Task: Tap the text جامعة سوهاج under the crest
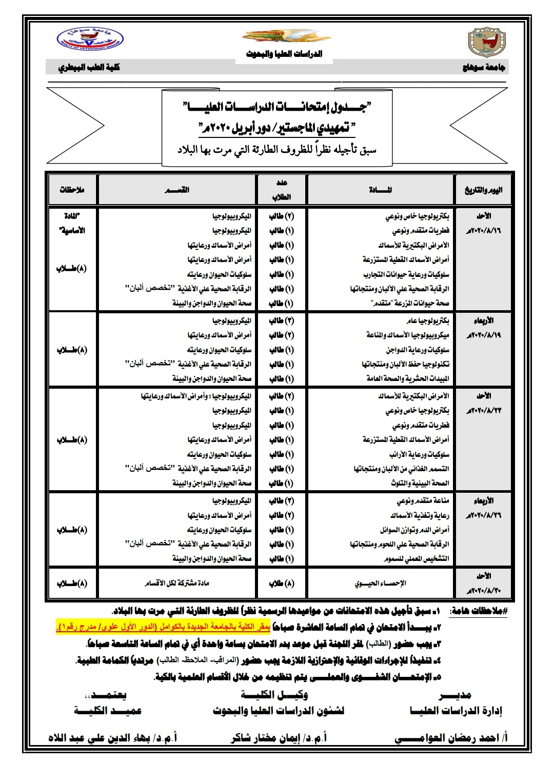[484, 68]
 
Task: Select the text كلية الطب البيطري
[89, 68]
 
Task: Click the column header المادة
[381, 190]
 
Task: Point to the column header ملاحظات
[72, 190]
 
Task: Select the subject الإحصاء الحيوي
[380, 584]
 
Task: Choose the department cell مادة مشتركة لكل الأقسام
[177, 584]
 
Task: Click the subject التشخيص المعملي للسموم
[416, 559]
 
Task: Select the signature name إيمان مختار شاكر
[279, 738]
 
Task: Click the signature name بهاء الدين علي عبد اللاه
[113, 738]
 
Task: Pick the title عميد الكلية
[108, 711]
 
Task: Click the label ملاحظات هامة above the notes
[478, 612]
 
